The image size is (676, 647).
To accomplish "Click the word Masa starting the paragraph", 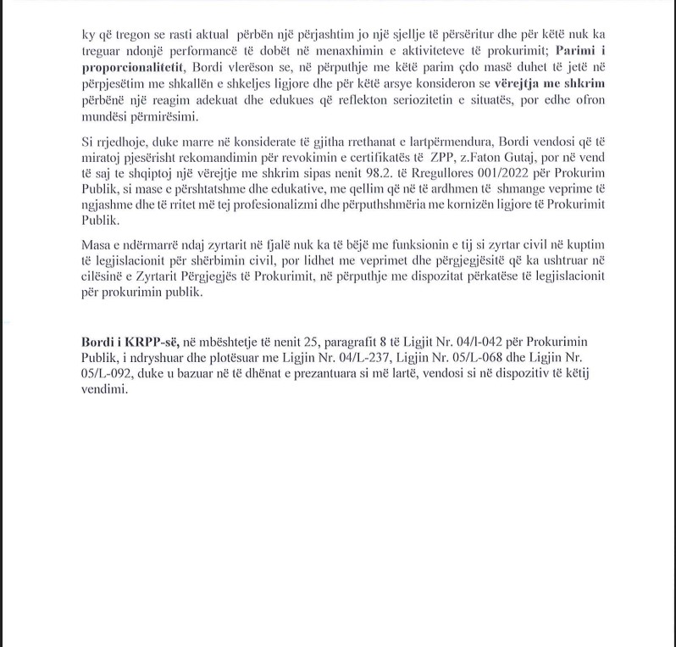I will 97,244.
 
